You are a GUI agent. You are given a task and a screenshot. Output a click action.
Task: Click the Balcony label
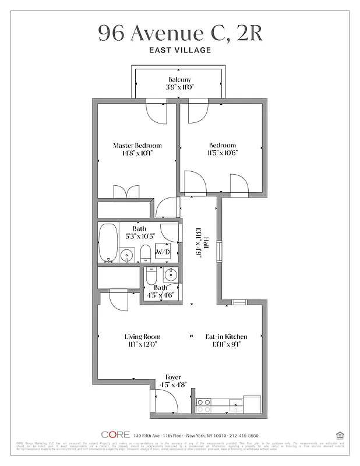point(179,80)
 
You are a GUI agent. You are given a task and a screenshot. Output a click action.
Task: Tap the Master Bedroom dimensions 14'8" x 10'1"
point(137,154)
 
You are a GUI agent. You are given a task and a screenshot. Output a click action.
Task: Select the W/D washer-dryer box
point(163,252)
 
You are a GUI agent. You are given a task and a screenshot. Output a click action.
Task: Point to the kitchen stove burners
point(204,405)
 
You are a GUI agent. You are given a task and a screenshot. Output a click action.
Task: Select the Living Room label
point(142,337)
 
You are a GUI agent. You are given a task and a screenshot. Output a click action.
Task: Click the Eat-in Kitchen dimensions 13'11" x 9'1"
point(226,344)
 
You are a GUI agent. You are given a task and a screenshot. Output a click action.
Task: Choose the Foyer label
point(173,377)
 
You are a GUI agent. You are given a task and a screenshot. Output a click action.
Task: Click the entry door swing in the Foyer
point(166,402)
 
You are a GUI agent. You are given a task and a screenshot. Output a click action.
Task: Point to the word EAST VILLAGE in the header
point(179,51)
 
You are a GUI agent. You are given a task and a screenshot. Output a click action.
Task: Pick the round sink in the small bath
point(171,276)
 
